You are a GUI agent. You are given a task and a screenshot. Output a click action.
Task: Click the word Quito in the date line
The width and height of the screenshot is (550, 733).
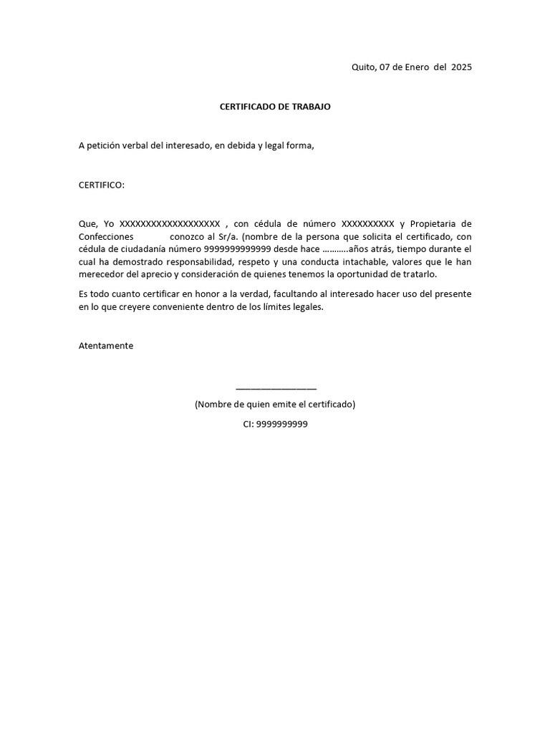click(363, 67)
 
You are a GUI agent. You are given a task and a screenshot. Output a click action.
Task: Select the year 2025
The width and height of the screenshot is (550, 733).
click(461, 67)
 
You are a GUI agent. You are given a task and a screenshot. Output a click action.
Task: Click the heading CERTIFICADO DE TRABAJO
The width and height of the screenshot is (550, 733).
click(275, 107)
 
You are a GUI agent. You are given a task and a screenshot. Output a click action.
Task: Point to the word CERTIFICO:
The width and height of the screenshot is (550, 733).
click(101, 185)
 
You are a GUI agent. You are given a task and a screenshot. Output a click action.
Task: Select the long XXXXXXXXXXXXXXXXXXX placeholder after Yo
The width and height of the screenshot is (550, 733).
click(169, 224)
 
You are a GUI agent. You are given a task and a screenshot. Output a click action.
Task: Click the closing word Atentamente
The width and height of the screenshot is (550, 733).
click(105, 346)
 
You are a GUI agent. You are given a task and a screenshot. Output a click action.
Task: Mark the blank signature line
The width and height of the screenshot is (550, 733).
click(276, 387)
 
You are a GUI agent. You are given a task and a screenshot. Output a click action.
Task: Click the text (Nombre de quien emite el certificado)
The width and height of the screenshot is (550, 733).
click(275, 404)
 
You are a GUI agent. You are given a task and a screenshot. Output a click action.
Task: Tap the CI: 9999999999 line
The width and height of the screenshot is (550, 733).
click(275, 424)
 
